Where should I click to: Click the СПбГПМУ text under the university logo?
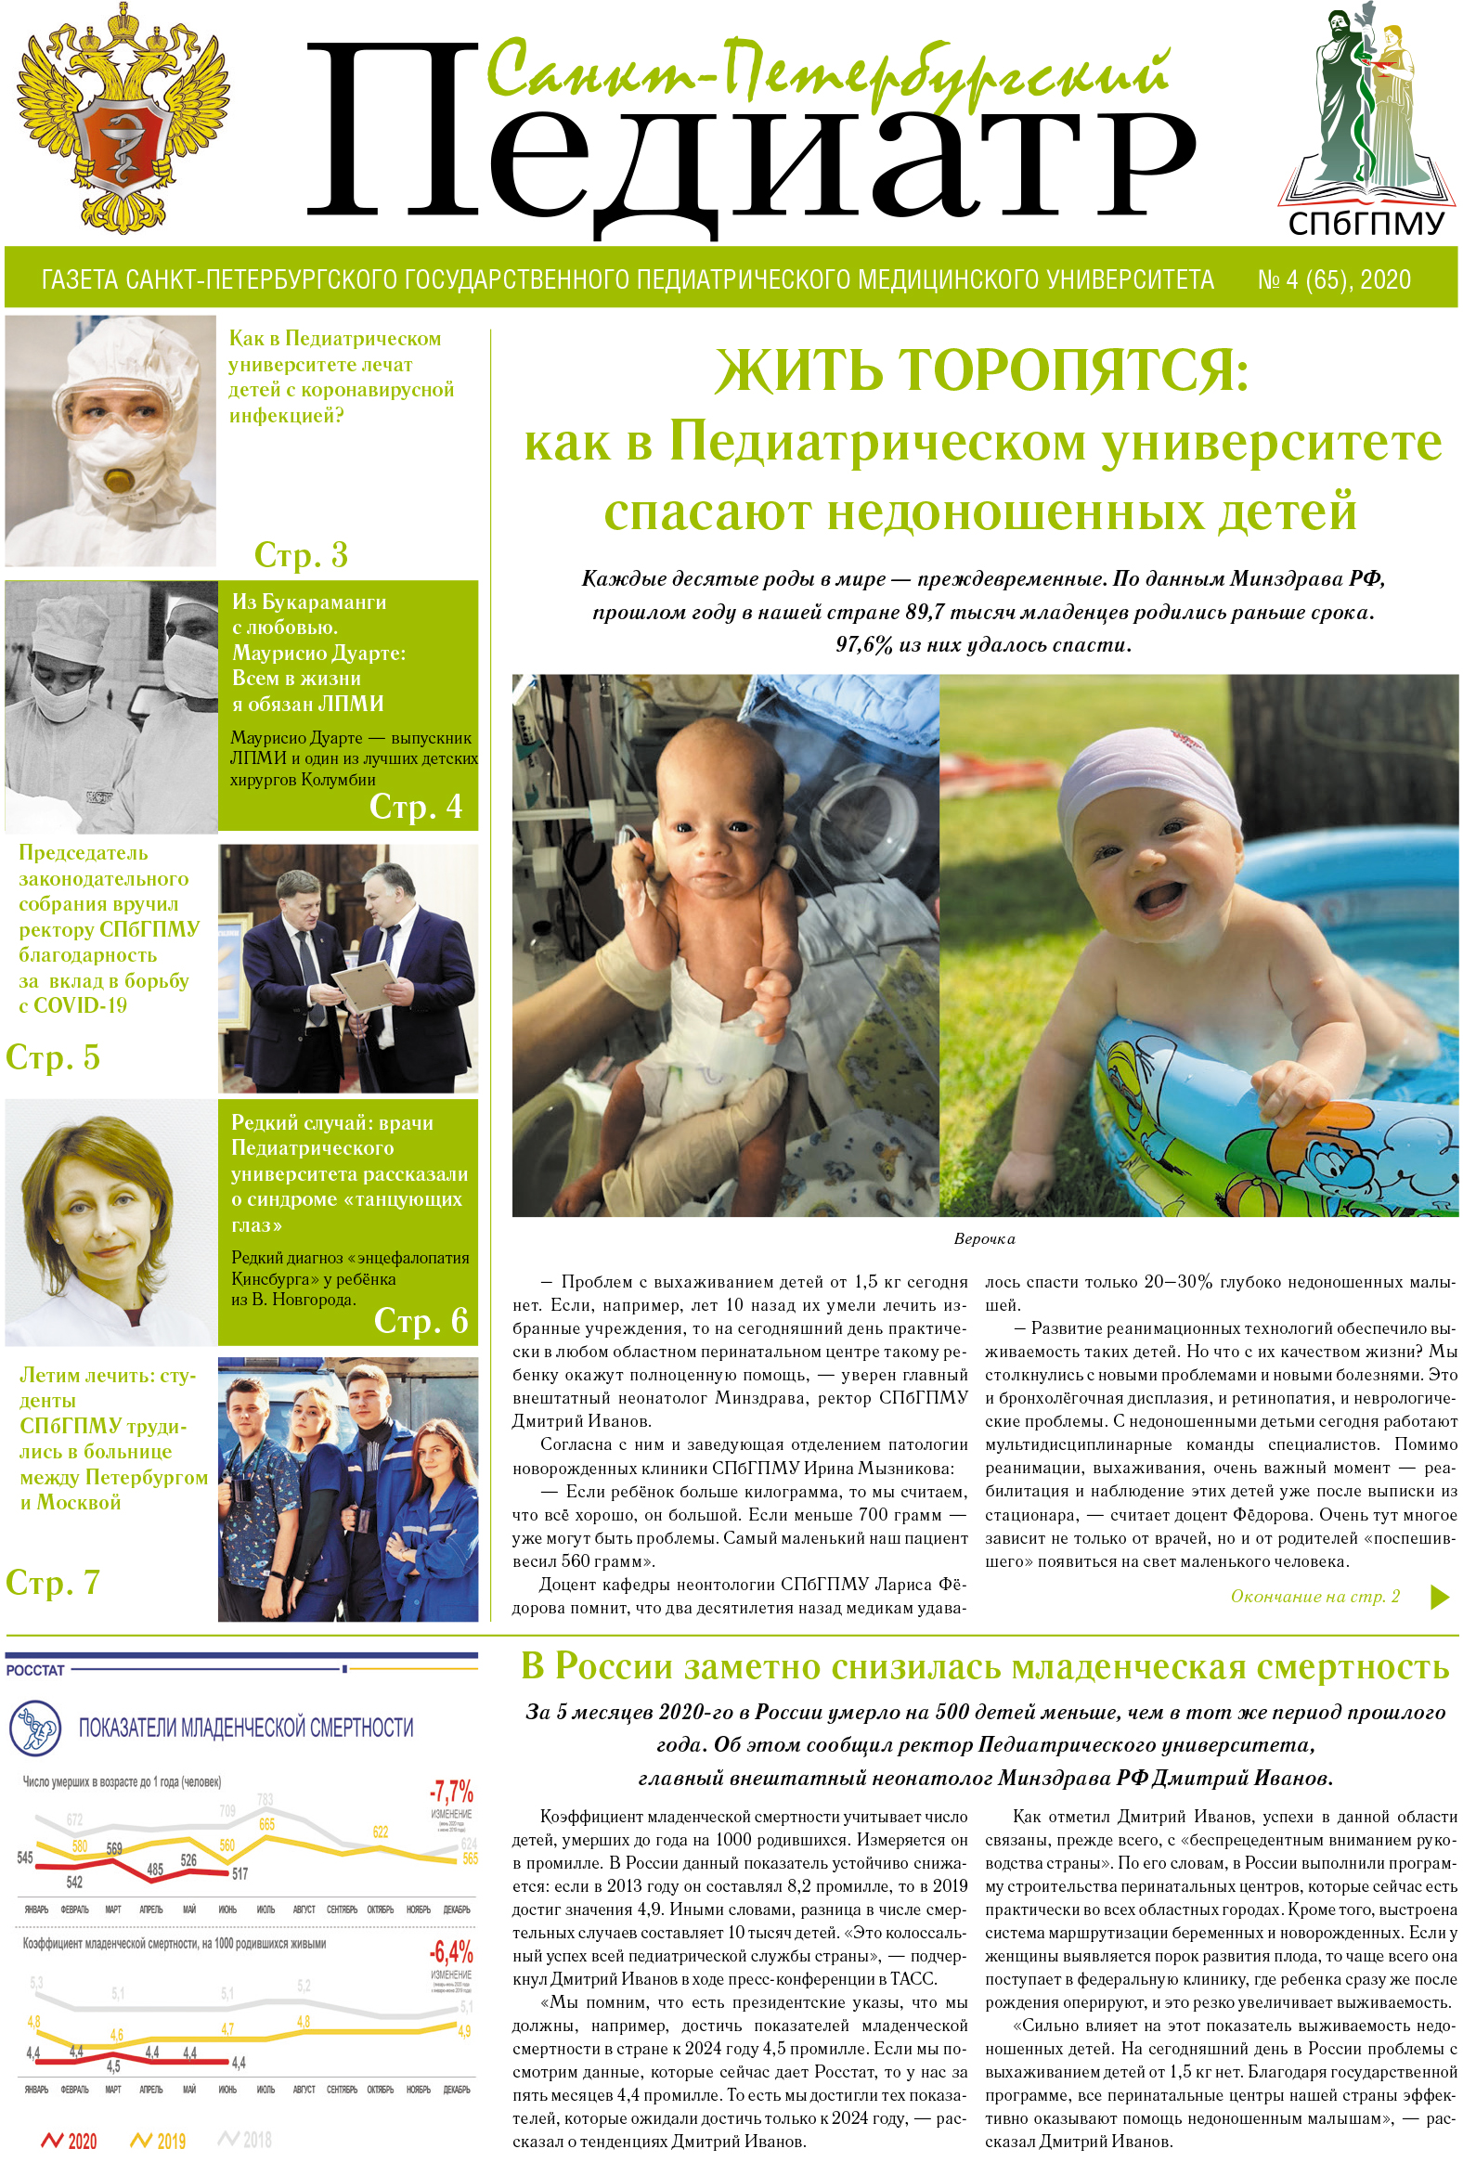[1366, 224]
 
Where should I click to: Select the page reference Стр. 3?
[301, 555]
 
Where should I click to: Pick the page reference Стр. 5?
[52, 1057]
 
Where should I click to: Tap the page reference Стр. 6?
[421, 1320]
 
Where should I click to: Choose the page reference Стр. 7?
[52, 1583]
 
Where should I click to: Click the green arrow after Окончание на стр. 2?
[1439, 1597]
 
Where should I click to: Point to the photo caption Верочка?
[984, 1239]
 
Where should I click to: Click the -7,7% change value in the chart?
[451, 1791]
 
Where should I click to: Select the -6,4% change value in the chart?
[451, 1951]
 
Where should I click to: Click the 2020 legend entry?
[71, 2141]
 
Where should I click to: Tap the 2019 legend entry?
[160, 2141]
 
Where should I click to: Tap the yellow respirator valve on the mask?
[118, 481]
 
